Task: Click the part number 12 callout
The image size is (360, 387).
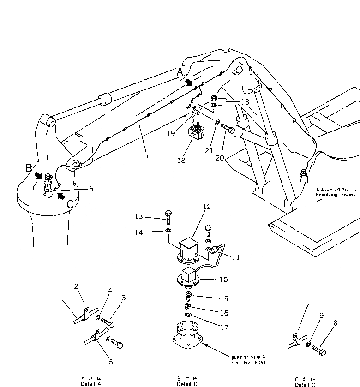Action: [207, 207]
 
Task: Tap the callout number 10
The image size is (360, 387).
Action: [223, 280]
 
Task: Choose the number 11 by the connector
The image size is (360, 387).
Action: [235, 257]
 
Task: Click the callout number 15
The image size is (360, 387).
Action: [224, 299]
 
